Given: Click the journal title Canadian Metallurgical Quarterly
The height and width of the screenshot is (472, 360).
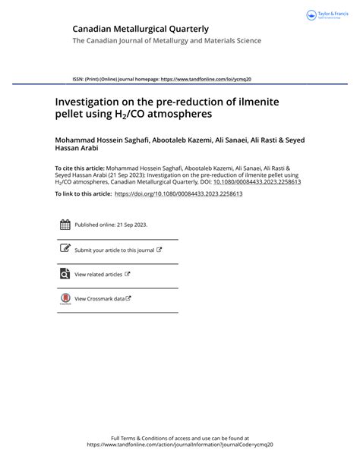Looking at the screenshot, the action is click(x=140, y=28).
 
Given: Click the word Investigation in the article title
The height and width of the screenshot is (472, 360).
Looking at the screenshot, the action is click(x=90, y=99).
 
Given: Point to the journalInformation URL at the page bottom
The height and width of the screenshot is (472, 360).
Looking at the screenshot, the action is click(x=179, y=445).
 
